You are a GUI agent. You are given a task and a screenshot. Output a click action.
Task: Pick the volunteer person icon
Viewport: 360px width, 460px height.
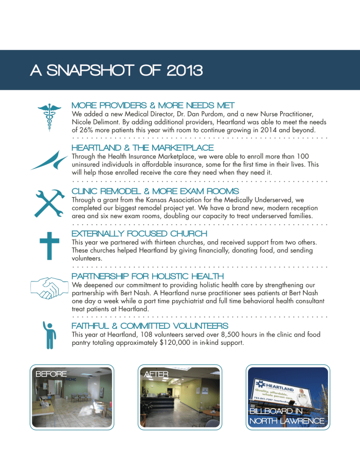49,334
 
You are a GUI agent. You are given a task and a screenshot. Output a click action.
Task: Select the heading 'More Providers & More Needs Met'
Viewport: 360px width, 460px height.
153,105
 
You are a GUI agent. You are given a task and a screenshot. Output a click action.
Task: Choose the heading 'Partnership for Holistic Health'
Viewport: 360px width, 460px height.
148,276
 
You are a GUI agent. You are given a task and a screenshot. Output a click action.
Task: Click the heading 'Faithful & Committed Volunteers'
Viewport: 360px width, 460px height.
150,326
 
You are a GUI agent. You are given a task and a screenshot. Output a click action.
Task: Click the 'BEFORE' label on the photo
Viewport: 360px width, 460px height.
51,374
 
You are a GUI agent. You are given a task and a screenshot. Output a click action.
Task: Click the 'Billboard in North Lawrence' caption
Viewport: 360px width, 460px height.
286,416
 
